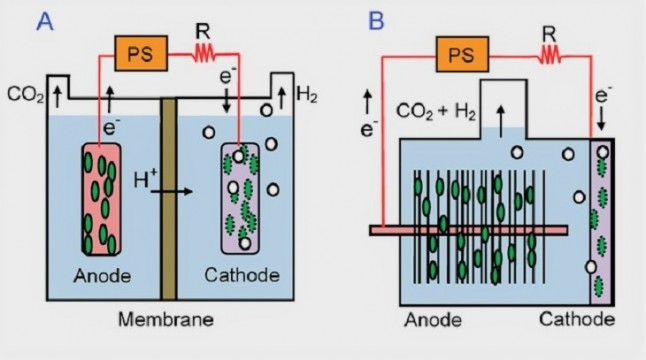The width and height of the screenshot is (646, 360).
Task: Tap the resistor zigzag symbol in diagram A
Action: (205, 53)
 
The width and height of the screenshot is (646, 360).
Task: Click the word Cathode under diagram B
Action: (586, 320)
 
